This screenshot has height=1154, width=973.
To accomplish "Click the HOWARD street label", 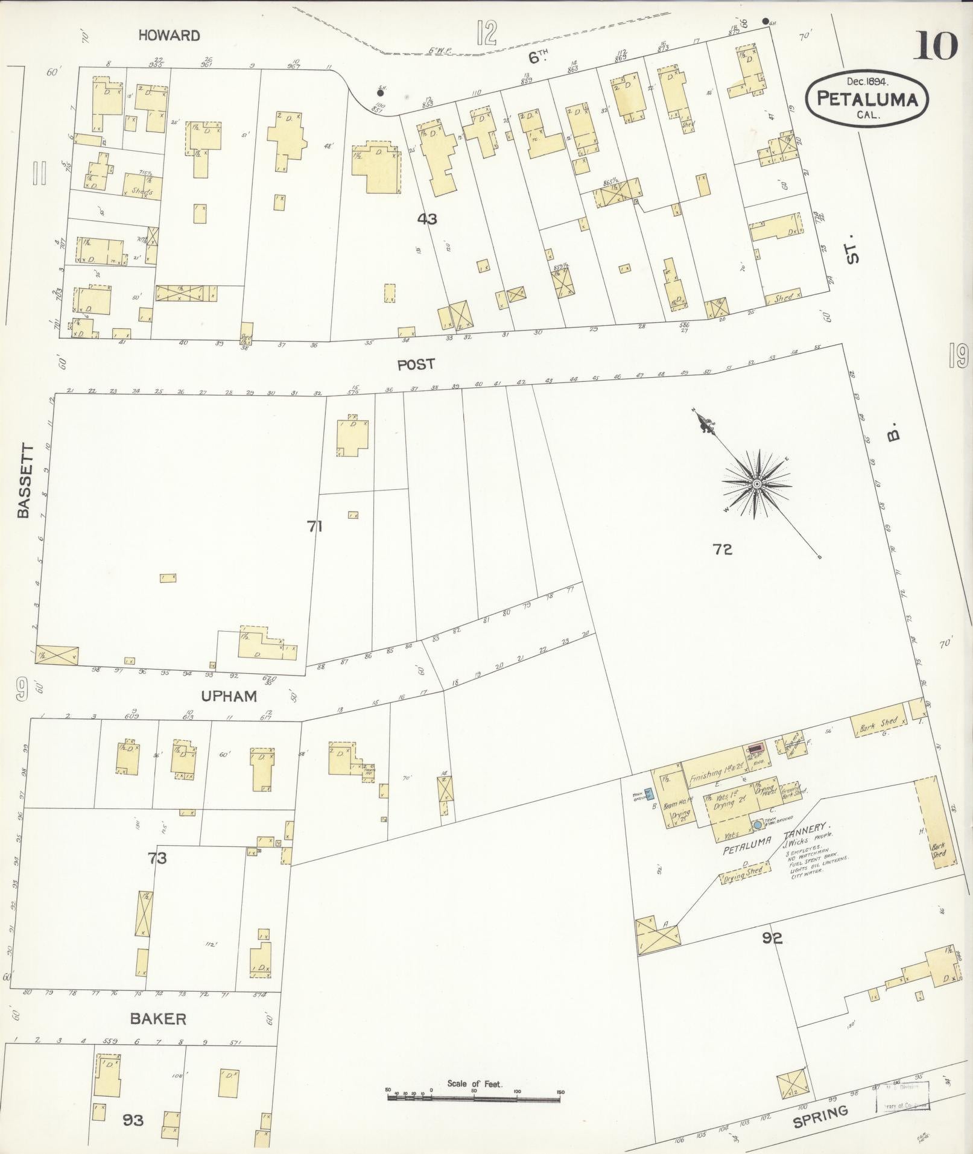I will [x=169, y=36].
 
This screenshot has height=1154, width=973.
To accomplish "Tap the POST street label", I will [x=416, y=364].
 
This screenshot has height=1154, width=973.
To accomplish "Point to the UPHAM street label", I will [x=229, y=696].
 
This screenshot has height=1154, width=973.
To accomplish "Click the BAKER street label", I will [x=158, y=1019].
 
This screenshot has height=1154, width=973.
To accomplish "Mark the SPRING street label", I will [x=820, y=1117].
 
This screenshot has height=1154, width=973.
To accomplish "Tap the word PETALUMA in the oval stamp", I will [x=867, y=99].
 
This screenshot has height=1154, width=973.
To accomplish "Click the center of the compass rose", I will [x=756, y=484].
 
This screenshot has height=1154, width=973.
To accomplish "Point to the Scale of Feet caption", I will [x=474, y=1084].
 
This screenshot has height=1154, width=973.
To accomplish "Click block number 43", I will [x=427, y=219].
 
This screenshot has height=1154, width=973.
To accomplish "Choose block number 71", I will [x=315, y=527].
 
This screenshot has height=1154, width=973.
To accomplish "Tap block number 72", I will [x=722, y=549].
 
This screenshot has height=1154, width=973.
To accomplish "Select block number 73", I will [x=157, y=857].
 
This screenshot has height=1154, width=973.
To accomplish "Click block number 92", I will [x=772, y=955].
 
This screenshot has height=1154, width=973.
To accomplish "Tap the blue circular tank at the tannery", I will [x=758, y=825].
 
